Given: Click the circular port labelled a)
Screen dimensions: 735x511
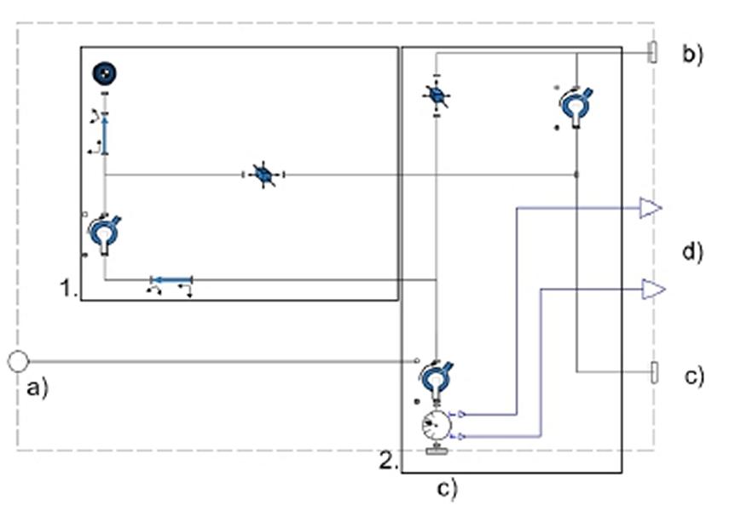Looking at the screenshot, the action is (x=18, y=362).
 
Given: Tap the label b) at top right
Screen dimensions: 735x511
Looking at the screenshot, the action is (x=693, y=55).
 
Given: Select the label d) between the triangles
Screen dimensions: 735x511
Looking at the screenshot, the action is (x=693, y=252).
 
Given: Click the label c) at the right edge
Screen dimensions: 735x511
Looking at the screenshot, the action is (x=694, y=376).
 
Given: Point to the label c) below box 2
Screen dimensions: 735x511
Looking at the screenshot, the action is (x=447, y=489).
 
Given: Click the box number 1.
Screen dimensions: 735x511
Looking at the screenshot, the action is (x=68, y=288).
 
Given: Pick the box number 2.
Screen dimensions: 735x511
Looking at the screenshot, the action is (x=389, y=462).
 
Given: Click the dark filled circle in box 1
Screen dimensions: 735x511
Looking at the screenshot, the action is (x=105, y=73).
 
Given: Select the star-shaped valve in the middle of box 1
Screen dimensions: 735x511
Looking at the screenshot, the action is (x=263, y=175).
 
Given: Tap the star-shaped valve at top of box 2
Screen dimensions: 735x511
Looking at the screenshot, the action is (x=436, y=95).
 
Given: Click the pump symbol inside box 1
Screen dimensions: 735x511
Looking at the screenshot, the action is (x=105, y=234).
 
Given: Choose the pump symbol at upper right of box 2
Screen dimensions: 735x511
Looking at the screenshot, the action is (x=576, y=106).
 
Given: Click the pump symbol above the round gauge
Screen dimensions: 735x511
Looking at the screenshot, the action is (x=437, y=381).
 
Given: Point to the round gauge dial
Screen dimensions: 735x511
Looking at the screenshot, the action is (x=437, y=425).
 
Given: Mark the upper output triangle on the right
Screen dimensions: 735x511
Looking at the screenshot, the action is (x=651, y=208).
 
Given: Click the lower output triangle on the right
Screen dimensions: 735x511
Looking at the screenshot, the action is (x=653, y=290).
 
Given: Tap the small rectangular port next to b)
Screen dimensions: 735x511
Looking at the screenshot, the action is (x=652, y=52).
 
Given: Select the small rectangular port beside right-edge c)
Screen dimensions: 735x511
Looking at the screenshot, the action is (x=654, y=372).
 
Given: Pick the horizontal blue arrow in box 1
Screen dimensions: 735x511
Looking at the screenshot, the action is (x=171, y=280).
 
